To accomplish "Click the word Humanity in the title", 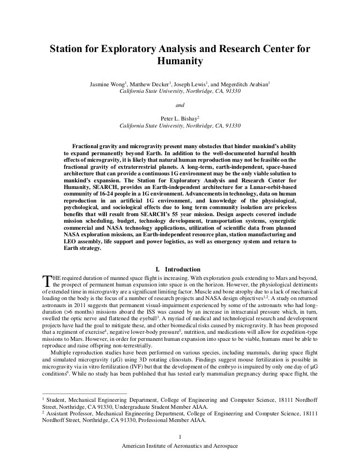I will (x=180, y=61).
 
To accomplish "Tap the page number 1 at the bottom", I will (x=180, y=438).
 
